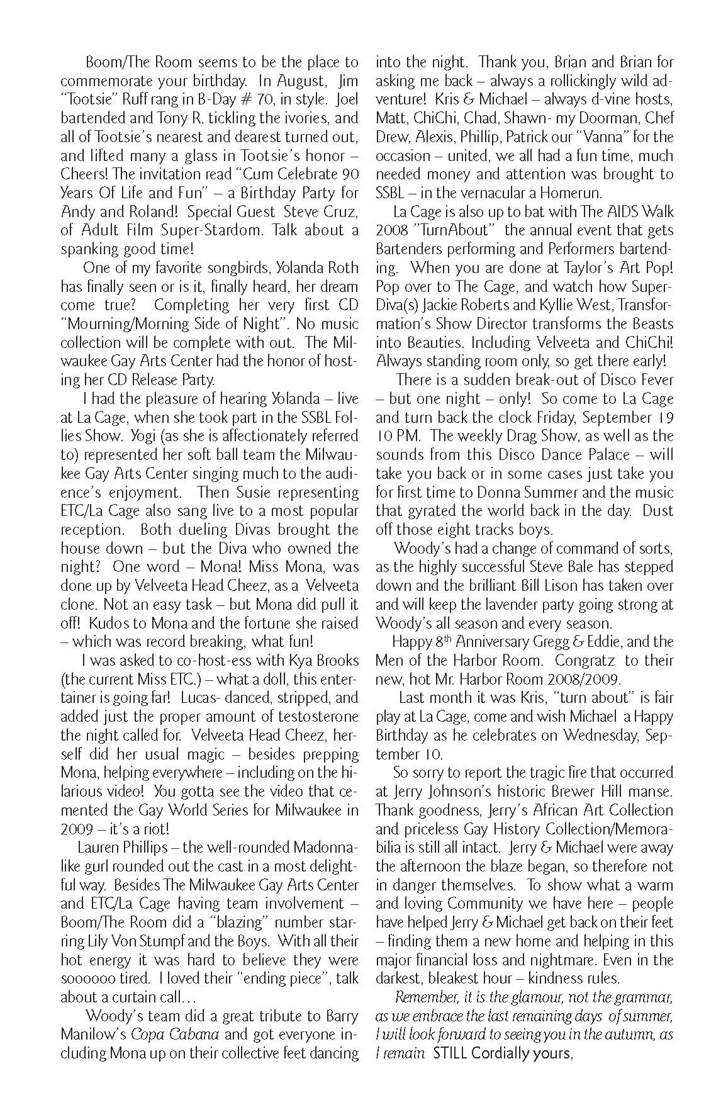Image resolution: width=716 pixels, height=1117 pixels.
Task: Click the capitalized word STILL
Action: pos(450,1053)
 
